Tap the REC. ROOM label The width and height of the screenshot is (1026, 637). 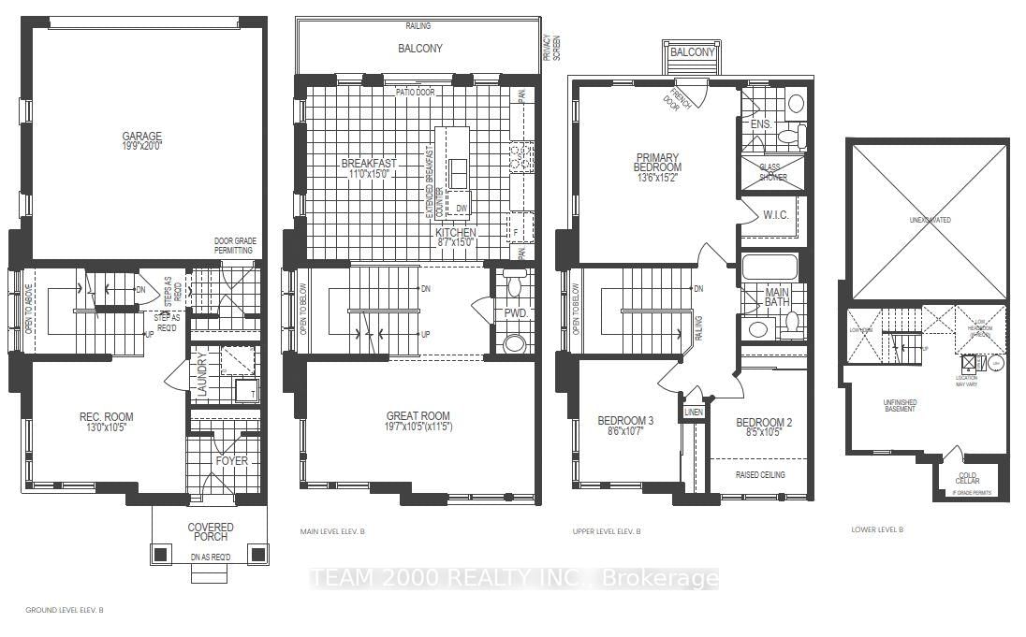coord(105,422)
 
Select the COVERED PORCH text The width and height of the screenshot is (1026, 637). coord(210,532)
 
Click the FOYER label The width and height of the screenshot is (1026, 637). coord(231,460)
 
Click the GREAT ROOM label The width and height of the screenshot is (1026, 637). coord(418,422)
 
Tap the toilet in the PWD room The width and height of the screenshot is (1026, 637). coord(514,344)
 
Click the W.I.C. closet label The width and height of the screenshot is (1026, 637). coord(777,215)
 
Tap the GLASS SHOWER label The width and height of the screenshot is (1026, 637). coord(772,171)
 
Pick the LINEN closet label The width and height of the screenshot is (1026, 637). coord(693,412)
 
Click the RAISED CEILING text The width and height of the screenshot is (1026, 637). coord(759,474)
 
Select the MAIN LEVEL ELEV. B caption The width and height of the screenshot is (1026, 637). coord(331,531)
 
